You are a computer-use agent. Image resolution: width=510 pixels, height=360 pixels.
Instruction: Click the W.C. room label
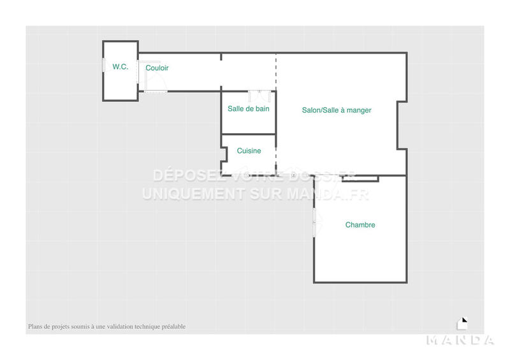pos(120,67)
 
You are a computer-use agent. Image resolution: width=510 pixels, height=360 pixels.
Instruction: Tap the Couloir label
pos(157,68)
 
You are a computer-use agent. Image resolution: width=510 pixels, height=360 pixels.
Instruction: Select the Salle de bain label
pos(248,109)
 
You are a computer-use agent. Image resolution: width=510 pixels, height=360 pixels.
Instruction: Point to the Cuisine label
pos(249,151)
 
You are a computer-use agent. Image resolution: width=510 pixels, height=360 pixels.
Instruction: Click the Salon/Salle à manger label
pos(337,110)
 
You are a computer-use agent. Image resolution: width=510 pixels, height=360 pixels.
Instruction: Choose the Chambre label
pos(360,225)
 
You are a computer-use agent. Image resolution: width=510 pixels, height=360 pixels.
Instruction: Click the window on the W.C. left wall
pos(103,66)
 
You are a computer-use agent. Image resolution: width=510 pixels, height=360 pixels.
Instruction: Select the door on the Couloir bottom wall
pos(156,91)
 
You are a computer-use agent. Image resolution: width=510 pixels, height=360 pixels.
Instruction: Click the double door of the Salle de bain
pos(259,92)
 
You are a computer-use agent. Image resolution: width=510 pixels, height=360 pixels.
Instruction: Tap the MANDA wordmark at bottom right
pos(460,340)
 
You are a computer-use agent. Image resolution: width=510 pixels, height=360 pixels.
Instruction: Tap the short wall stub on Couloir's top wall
pos(221,57)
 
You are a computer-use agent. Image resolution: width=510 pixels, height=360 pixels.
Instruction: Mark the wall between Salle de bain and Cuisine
pos(248,134)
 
